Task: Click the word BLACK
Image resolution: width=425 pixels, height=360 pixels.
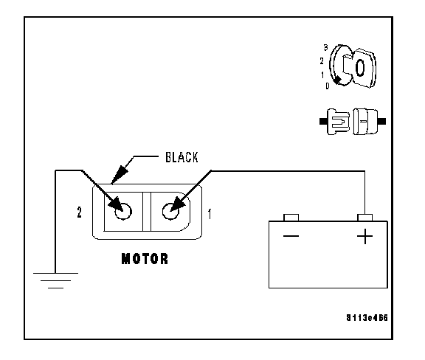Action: click(182, 157)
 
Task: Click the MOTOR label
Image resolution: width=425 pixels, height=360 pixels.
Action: click(145, 259)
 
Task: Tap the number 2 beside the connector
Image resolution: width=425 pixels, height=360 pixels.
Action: click(79, 212)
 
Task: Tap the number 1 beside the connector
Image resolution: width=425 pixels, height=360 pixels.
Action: click(210, 214)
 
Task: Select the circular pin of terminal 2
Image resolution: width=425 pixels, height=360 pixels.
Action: click(123, 212)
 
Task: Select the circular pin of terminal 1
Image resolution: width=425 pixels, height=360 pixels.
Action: click(170, 212)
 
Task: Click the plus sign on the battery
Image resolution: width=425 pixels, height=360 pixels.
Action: click(364, 236)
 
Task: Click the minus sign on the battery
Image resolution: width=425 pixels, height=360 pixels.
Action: click(291, 236)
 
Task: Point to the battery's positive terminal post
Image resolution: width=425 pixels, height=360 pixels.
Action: click(364, 218)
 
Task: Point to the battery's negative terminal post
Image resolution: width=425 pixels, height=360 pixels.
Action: click(291, 218)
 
